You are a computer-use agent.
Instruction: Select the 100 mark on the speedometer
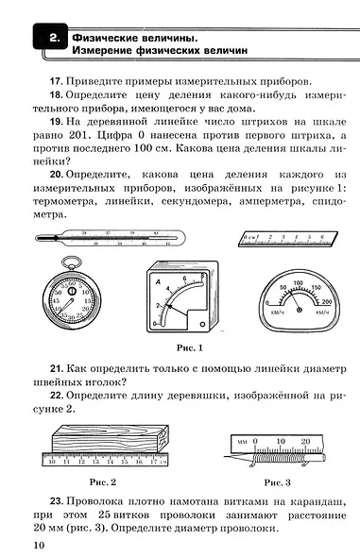(298, 282)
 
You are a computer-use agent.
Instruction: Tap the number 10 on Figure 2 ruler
(52, 464)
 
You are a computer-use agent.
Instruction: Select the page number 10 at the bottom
(37, 544)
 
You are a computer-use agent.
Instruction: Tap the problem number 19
(56, 122)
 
